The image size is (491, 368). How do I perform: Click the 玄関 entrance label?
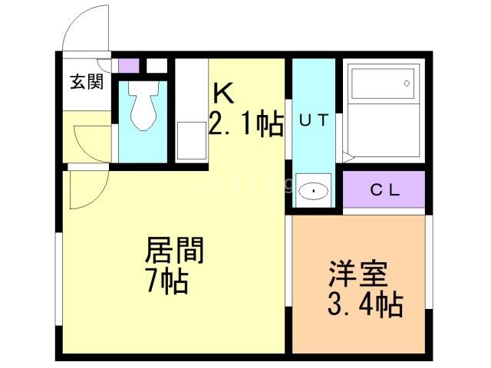(x=87, y=82)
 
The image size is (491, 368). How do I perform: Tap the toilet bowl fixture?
(x=143, y=106)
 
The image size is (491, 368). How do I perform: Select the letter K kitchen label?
(x=223, y=93)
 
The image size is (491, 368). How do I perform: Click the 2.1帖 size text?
(x=246, y=124)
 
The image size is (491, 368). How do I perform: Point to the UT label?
(x=314, y=120)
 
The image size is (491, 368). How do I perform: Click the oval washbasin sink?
(x=313, y=191)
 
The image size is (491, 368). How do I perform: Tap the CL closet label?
(x=385, y=189)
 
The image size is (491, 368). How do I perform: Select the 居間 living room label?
(x=174, y=250)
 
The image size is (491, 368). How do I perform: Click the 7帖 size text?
(x=168, y=281)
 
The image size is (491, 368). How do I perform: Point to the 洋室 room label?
(x=358, y=273)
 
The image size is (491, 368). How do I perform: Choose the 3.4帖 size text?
(x=365, y=304)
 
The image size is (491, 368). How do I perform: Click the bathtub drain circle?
(x=407, y=84)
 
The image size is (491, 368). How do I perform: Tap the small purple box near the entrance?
(x=129, y=66)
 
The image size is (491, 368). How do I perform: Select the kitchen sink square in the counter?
(x=192, y=141)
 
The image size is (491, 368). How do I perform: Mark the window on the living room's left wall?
(x=59, y=279)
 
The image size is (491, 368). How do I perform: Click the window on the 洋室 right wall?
(x=429, y=262)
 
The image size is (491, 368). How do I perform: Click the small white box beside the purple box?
(x=157, y=66)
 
